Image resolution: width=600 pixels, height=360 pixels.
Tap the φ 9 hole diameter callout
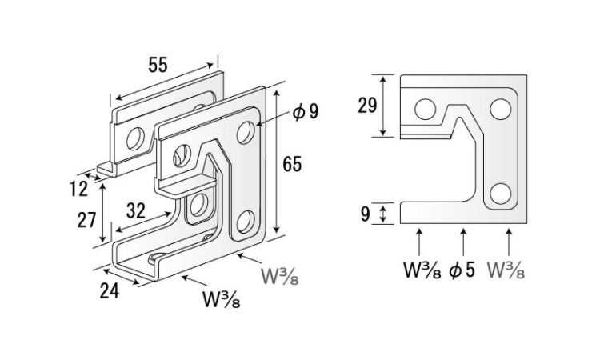point(306,110)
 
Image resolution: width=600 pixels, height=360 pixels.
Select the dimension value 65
point(292,163)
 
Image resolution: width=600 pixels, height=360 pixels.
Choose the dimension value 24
point(110,290)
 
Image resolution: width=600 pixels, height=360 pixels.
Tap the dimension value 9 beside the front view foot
point(366,214)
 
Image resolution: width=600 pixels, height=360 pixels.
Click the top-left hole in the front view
point(425,108)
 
